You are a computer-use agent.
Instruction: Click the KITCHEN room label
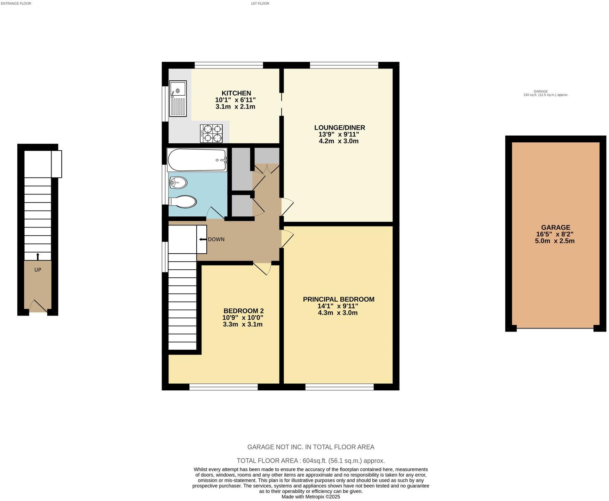click(x=236, y=93)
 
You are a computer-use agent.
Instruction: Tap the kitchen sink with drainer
click(x=178, y=98)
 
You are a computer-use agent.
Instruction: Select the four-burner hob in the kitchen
click(x=211, y=134)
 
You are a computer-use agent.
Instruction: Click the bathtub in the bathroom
click(x=197, y=160)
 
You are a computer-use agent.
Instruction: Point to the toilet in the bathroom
click(x=183, y=202)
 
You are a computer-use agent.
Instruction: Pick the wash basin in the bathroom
click(x=178, y=182)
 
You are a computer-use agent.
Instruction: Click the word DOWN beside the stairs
click(x=216, y=239)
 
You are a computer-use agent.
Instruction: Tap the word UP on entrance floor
click(x=38, y=270)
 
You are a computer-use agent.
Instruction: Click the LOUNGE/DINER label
click(x=339, y=128)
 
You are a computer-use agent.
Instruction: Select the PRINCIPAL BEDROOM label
click(x=338, y=299)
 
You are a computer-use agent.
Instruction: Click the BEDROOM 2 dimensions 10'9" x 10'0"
click(x=243, y=318)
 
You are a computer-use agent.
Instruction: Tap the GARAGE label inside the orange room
click(x=555, y=228)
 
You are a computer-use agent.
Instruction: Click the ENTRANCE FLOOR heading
click(x=16, y=3)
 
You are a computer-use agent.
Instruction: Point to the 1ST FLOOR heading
click(x=260, y=3)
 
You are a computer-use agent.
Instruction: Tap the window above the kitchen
click(x=229, y=65)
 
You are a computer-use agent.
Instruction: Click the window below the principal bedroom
click(x=339, y=387)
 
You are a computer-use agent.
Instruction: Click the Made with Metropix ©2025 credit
click(x=310, y=497)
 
